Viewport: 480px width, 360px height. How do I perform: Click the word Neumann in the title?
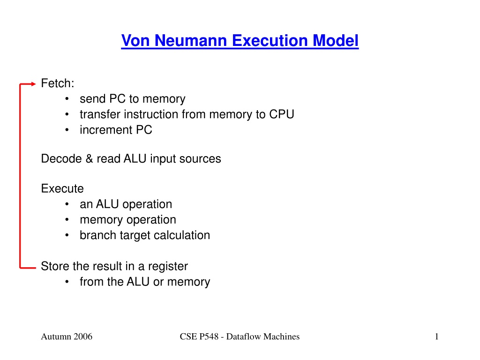(x=190, y=40)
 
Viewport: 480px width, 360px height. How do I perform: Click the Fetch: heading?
(x=58, y=83)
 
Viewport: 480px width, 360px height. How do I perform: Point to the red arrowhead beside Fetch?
(x=33, y=84)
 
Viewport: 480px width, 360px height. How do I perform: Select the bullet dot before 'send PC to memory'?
(x=67, y=99)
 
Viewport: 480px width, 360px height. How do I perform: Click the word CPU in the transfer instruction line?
(x=282, y=114)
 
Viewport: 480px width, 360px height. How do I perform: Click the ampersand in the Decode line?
(x=89, y=158)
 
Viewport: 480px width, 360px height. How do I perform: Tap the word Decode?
(x=61, y=158)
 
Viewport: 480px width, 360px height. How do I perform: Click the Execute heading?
(x=62, y=188)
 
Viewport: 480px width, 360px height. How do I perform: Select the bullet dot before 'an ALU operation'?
(x=67, y=204)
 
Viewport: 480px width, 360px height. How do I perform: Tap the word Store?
(x=54, y=266)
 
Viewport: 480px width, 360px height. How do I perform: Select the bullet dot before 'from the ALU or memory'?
(x=67, y=282)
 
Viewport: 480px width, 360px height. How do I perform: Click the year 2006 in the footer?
(x=82, y=337)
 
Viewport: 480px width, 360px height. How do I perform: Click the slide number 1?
(x=436, y=337)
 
